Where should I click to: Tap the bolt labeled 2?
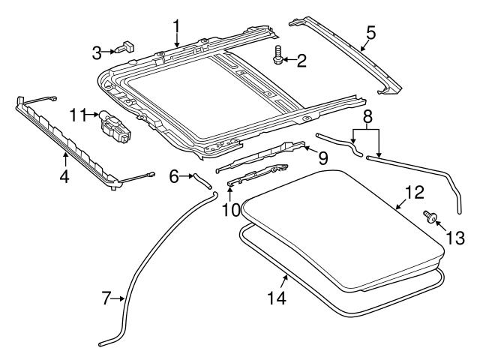(278, 55)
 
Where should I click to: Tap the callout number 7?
(106, 298)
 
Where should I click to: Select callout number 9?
(322, 157)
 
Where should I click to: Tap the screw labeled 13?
(430, 216)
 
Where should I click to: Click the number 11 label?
(79, 115)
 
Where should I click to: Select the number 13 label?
(454, 238)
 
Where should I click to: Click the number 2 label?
(301, 61)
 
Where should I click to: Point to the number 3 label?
(97, 52)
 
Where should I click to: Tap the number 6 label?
(173, 177)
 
